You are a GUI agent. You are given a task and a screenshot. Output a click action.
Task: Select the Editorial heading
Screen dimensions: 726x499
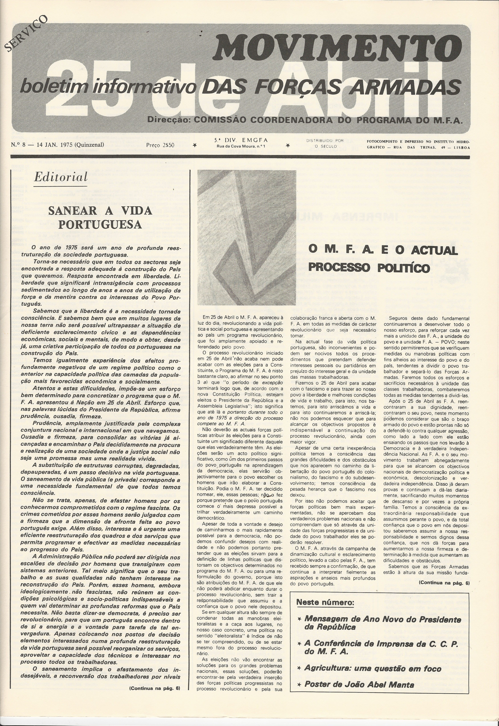pyautogui.click(x=61, y=177)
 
